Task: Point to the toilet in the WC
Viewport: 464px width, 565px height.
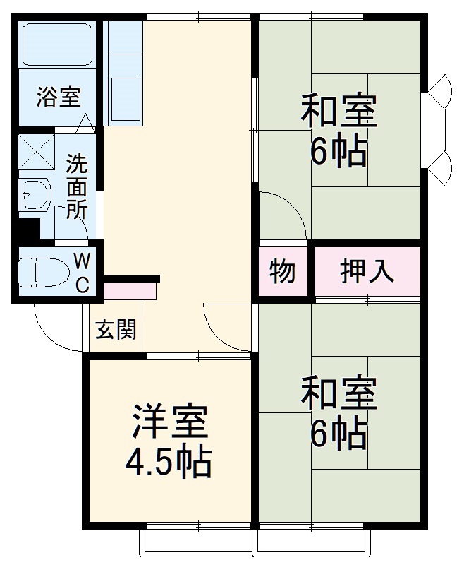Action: (39, 273)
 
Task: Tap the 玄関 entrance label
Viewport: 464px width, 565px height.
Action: (116, 329)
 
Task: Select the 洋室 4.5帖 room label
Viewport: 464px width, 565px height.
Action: (169, 441)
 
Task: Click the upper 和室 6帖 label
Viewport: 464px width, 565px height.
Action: (338, 131)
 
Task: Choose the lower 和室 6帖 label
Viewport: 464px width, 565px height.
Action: (338, 413)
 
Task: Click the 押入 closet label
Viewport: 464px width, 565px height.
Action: (367, 271)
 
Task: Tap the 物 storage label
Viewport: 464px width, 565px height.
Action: (282, 271)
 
